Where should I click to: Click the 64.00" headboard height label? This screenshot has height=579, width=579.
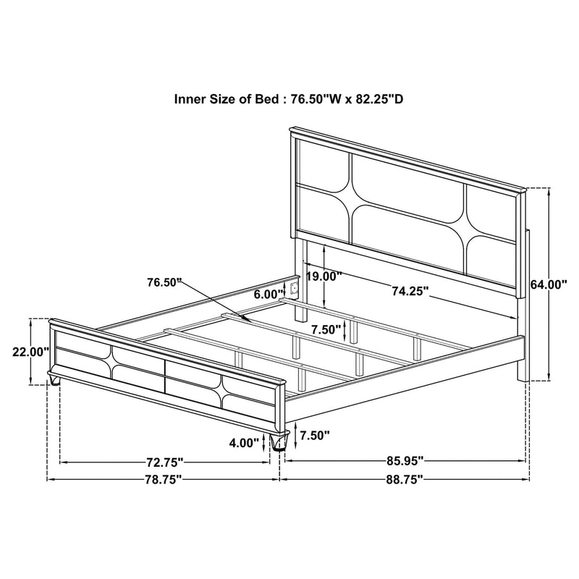point(548,285)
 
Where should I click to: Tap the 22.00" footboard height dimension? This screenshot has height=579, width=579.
point(30,352)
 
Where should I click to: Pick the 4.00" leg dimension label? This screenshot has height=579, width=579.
point(243,442)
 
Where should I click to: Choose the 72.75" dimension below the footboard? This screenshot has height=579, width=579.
point(163,461)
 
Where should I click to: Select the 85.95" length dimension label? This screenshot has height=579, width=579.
point(403,461)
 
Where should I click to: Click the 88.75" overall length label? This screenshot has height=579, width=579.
point(403,479)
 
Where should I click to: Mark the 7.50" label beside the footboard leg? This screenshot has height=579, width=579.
point(316,435)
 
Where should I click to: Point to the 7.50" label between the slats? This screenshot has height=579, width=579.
point(326,329)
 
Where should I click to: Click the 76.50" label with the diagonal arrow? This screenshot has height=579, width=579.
point(164,282)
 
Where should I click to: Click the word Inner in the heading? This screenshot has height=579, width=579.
point(191,99)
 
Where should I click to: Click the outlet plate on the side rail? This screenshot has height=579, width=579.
point(294,288)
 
